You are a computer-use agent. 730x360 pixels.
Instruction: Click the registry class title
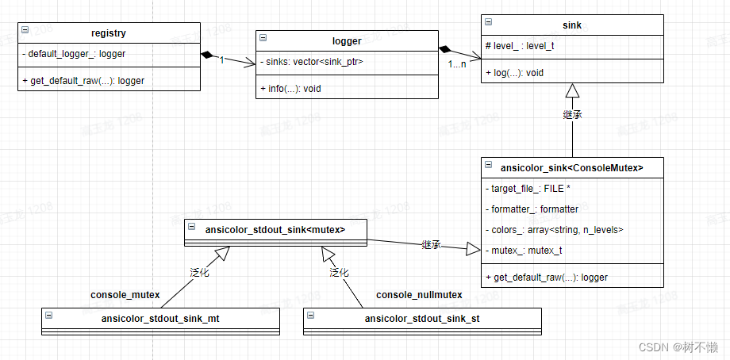tap(109, 33)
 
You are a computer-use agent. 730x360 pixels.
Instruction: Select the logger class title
tap(347, 40)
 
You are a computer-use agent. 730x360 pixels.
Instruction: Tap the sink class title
tap(571, 25)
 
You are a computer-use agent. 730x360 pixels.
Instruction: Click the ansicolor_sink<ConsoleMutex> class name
tap(571, 167)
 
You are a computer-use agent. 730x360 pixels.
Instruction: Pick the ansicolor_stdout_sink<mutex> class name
tap(275, 230)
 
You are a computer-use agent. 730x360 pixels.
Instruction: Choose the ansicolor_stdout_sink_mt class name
tap(160, 319)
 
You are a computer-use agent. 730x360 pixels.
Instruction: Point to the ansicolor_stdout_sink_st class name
tap(422, 319)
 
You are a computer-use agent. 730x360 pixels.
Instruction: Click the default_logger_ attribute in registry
tap(73, 54)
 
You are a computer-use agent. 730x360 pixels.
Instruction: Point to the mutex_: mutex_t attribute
tap(524, 251)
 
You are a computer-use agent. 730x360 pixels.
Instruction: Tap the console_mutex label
tap(125, 295)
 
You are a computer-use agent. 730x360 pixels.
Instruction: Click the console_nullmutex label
tap(419, 295)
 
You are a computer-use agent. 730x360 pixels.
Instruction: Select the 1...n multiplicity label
tap(458, 64)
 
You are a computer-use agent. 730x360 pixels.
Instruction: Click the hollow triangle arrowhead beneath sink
tap(572, 91)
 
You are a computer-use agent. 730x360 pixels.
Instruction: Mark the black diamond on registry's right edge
tap(208, 54)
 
